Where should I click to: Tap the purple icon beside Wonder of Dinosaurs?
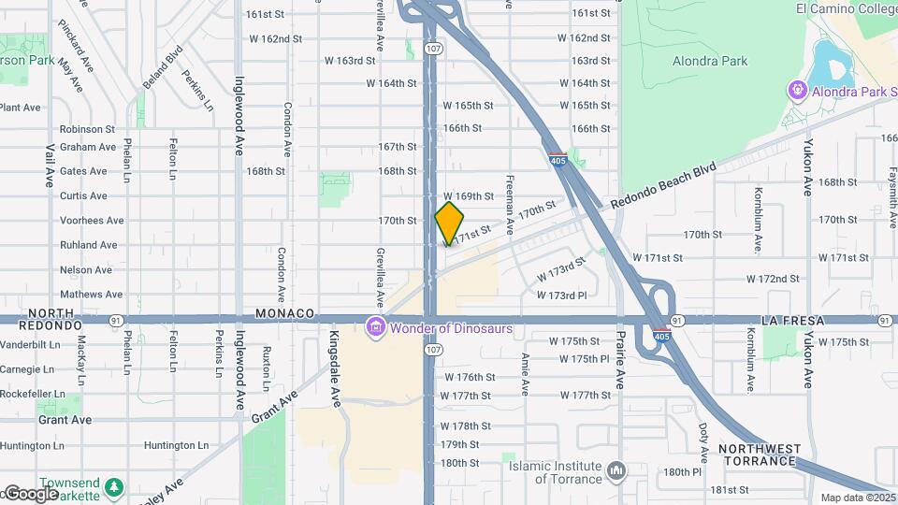tap(375, 327)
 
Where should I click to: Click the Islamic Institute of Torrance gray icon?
tap(616, 469)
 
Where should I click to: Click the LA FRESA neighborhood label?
tap(793, 321)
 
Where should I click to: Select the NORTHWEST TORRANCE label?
tap(759, 455)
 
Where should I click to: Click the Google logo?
tap(30, 494)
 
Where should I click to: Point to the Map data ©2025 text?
tap(857, 498)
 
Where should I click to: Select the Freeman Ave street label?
tap(510, 205)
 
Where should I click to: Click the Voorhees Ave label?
tap(92, 221)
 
